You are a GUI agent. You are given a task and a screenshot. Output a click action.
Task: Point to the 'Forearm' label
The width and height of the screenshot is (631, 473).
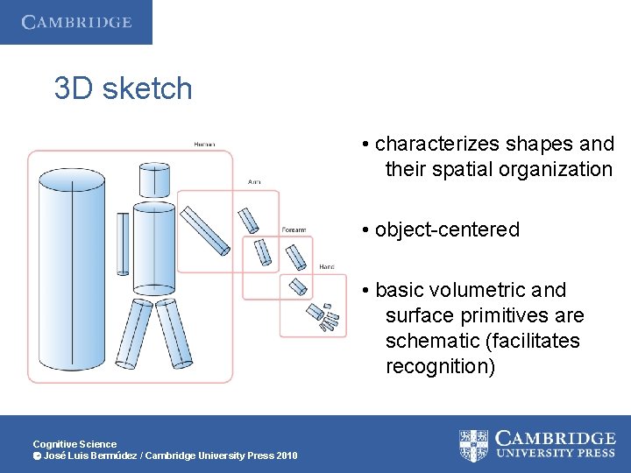294,229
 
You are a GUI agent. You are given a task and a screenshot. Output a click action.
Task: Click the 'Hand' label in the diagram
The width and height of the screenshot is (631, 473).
326,266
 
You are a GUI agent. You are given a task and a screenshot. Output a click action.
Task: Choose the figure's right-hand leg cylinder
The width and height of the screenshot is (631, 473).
174,333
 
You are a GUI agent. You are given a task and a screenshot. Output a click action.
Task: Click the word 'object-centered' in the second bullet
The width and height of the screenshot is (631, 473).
447,229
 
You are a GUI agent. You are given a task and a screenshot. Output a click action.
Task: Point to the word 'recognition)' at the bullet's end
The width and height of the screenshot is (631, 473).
440,366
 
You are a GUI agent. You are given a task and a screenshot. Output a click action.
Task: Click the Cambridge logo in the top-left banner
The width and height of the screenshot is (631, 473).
76,22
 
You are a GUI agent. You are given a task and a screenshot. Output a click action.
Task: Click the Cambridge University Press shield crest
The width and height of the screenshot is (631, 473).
474,446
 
